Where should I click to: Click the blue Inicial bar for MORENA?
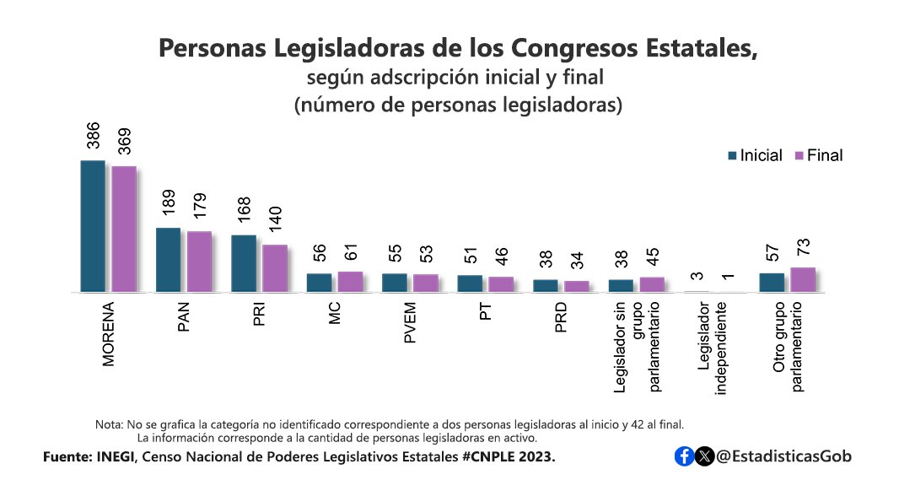[x=93, y=226]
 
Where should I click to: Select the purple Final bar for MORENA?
[x=124, y=229]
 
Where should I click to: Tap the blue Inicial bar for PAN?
[x=169, y=260]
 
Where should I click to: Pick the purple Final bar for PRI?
[x=275, y=268]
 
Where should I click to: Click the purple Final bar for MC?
[x=351, y=282]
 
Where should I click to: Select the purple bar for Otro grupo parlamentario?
[x=803, y=279]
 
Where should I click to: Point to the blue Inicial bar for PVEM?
[x=395, y=283]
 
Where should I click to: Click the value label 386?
[x=94, y=137]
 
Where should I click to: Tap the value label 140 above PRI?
[x=276, y=222]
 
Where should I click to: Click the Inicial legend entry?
[x=755, y=155]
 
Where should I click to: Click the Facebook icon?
[x=685, y=456]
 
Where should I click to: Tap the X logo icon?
[x=705, y=456]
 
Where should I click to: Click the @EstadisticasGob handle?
[x=783, y=456]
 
